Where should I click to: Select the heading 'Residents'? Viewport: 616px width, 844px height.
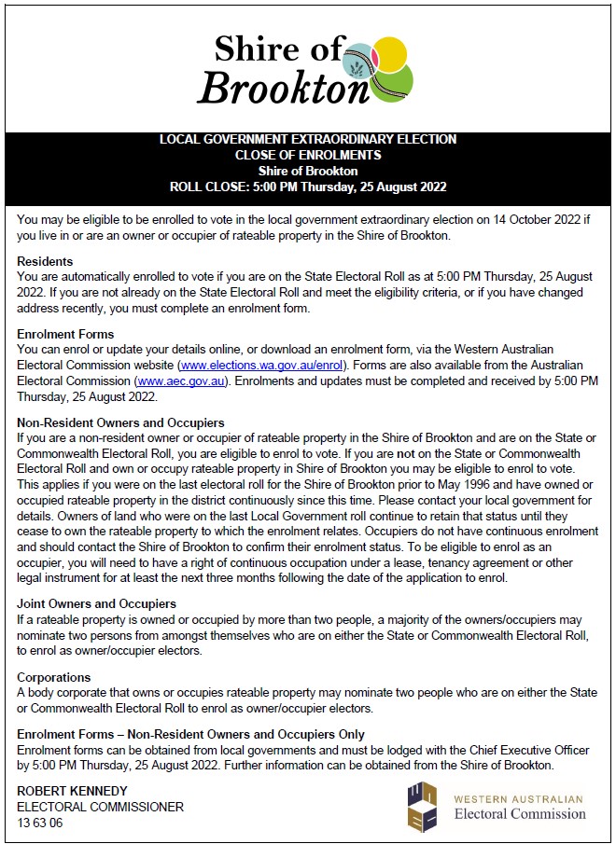45,261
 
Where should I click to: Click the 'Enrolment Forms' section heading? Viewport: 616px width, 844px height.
65,334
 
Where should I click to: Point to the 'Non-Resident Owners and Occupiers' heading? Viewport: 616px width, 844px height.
120,422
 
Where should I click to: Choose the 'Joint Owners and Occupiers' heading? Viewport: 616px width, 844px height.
97,603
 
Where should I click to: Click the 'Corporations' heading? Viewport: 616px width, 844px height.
54,677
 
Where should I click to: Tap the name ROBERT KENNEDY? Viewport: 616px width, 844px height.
72,791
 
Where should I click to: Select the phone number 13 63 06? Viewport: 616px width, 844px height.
39,823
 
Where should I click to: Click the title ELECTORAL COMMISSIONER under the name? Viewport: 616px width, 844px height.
101,808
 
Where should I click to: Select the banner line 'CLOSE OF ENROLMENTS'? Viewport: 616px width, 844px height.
308,155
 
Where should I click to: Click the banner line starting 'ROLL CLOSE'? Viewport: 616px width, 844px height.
308,187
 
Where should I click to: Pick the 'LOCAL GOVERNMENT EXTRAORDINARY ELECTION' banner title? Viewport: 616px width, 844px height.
308,139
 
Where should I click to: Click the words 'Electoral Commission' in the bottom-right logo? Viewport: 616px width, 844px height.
520,814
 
